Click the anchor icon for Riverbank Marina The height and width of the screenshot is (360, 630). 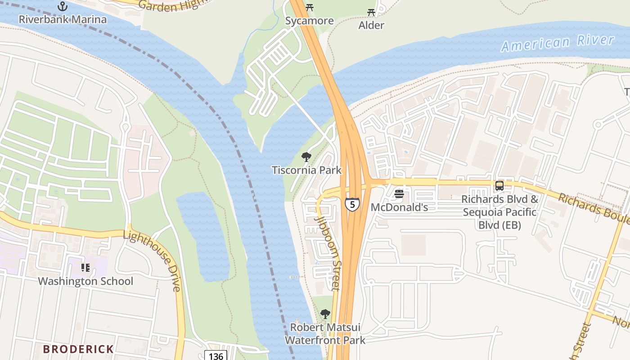click(63, 6)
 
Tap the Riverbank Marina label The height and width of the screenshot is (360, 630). click(63, 19)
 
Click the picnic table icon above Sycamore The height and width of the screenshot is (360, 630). click(309, 7)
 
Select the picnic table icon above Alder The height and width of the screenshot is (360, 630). click(371, 12)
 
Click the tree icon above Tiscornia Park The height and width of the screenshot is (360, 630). click(306, 157)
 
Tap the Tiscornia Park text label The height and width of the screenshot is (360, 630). click(306, 170)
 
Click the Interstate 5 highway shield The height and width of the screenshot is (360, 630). click(352, 204)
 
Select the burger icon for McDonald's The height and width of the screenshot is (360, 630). click(399, 194)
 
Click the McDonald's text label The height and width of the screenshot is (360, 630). click(399, 207)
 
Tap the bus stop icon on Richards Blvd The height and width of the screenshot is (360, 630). click(499, 186)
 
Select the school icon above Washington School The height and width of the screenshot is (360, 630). click(85, 268)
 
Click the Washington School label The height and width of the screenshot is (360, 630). click(85, 281)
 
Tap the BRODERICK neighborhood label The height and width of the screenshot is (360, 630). click(78, 349)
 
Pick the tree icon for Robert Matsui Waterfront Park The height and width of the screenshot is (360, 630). click(325, 314)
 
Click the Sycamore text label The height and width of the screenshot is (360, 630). click(310, 21)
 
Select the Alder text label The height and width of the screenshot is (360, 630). click(371, 25)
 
